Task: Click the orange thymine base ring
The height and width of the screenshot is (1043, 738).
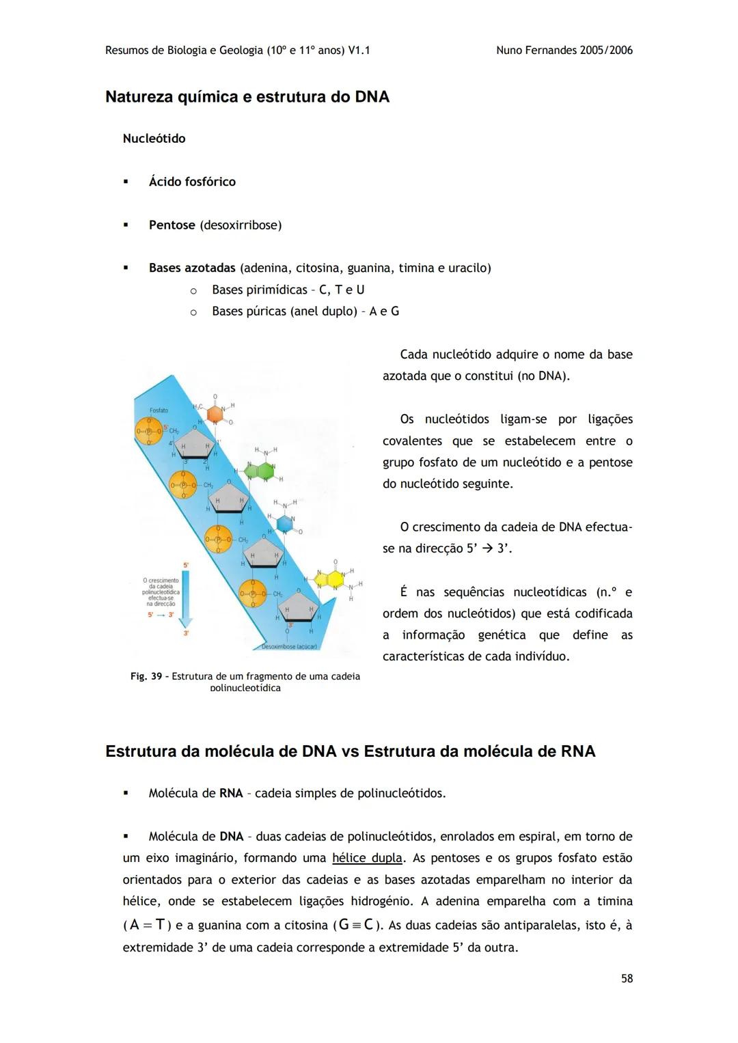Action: (215, 414)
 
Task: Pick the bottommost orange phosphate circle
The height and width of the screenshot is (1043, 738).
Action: (253, 595)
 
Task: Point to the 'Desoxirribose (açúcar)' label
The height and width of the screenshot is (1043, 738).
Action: (291, 646)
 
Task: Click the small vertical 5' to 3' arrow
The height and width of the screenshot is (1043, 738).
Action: (187, 598)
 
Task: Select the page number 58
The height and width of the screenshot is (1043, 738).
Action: (627, 979)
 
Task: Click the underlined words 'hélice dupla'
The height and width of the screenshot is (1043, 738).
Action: (366, 858)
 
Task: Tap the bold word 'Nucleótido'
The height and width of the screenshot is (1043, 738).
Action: (154, 139)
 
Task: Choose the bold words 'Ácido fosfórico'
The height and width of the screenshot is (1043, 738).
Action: (192, 182)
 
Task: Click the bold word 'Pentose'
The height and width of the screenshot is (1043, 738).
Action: (172, 225)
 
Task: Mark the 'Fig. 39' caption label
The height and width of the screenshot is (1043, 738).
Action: (146, 676)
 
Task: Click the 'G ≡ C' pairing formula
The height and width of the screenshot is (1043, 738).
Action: (355, 925)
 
